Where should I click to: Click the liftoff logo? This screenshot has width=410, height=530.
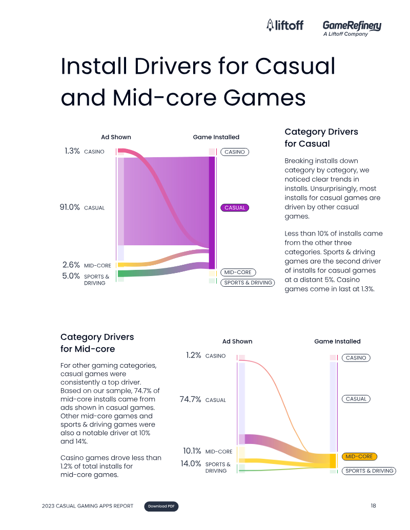pyautogui.click(x=285, y=25)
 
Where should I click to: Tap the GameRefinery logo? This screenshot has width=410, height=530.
pyautogui.click(x=352, y=28)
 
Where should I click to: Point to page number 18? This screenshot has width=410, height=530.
pyautogui.click(x=373, y=505)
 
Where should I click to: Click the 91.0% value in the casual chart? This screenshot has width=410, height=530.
pyautogui.click(x=70, y=207)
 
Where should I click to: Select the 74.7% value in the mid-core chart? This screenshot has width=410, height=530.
pyautogui.click(x=191, y=399)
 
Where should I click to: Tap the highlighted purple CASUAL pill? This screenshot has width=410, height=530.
pyautogui.click(x=235, y=207)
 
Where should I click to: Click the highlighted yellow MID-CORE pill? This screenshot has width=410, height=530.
pyautogui.click(x=359, y=456)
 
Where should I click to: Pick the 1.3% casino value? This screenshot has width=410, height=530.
pyautogui.click(x=72, y=151)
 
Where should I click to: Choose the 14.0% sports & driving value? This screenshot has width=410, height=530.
pyautogui.click(x=191, y=463)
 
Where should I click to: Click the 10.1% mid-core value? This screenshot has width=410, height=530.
pyautogui.click(x=192, y=451)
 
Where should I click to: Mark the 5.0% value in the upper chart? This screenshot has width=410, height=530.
pyautogui.click(x=71, y=276)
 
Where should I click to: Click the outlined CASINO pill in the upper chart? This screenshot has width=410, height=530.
pyautogui.click(x=235, y=152)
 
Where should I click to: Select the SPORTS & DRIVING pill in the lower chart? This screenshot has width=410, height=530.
pyautogui.click(x=369, y=471)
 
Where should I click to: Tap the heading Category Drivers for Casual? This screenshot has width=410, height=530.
pyautogui.click(x=321, y=138)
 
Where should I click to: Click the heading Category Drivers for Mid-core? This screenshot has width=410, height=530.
pyautogui.click(x=97, y=343)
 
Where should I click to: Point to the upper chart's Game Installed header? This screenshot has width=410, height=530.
pyautogui.click(x=216, y=137)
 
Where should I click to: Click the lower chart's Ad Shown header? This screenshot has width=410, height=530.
pyautogui.click(x=237, y=342)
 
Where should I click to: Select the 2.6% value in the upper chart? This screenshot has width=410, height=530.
pyautogui.click(x=71, y=265)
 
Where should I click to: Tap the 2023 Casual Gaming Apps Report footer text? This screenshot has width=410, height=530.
pyautogui.click(x=88, y=506)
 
